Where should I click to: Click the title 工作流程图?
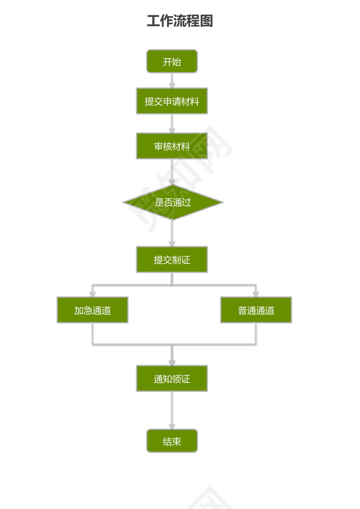click(x=180, y=21)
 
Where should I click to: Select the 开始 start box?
click(x=172, y=61)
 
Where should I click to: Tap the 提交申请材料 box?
click(x=172, y=101)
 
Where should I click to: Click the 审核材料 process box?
click(x=172, y=146)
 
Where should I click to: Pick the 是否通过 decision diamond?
click(x=173, y=202)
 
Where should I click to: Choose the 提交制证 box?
click(x=172, y=259)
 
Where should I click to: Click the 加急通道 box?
click(x=92, y=310)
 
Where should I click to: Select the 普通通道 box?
click(x=256, y=310)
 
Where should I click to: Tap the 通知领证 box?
click(x=172, y=378)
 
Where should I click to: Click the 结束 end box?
click(x=172, y=441)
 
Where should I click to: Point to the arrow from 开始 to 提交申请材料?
click(x=172, y=80)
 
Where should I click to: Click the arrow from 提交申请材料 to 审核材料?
click(x=172, y=124)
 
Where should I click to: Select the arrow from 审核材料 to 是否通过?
click(x=172, y=172)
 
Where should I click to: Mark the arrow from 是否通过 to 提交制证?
click(x=172, y=233)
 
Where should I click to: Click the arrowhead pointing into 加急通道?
click(x=92, y=294)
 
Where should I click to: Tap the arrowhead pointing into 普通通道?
click(x=256, y=294)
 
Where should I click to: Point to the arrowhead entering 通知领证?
click(x=172, y=362)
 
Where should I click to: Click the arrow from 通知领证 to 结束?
click(x=172, y=410)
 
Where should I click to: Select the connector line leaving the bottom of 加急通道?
click(x=92, y=334)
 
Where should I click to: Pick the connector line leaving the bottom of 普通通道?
click(x=256, y=334)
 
